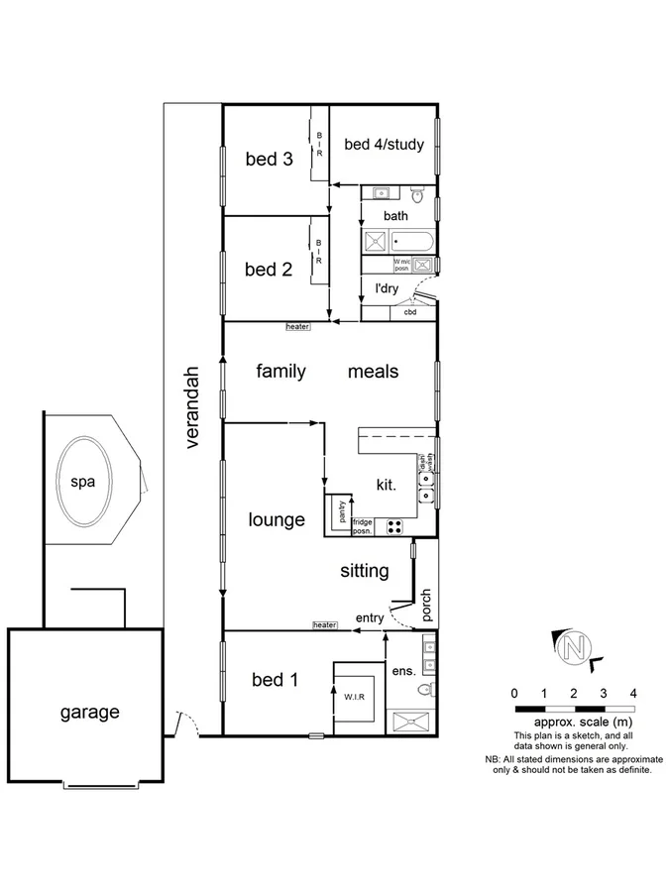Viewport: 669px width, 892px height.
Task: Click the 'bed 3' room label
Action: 269,158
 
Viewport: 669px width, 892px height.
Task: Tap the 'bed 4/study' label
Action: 384,145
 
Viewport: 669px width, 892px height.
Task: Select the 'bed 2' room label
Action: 269,269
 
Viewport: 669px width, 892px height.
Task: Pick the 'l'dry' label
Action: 386,289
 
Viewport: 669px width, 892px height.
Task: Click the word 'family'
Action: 280,372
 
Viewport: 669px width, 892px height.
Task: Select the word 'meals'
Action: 373,372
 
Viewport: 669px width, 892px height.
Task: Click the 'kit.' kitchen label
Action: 387,486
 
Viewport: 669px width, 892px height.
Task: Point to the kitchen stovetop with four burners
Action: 395,526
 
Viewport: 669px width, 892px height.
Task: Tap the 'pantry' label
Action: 341,512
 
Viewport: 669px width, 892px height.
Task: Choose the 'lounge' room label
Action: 277,519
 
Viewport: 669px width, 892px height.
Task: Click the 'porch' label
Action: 427,606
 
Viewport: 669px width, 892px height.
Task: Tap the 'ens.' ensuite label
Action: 403,671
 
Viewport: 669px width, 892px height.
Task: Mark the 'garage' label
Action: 89,712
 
